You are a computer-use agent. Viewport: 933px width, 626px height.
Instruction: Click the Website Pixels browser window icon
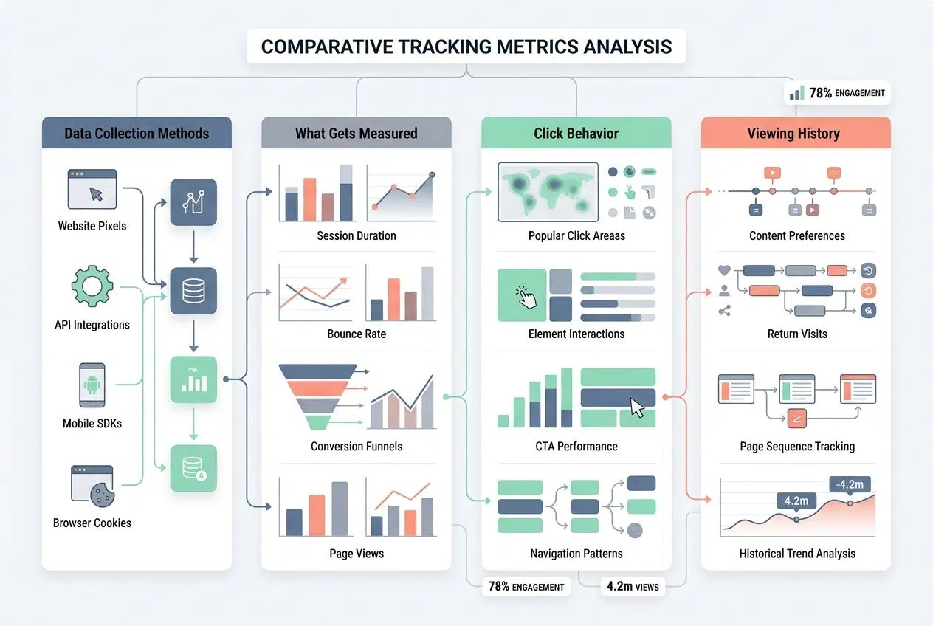click(x=92, y=189)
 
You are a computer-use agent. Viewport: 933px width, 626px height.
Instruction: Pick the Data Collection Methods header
click(x=137, y=134)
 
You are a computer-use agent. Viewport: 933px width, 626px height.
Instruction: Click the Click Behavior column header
click(x=576, y=134)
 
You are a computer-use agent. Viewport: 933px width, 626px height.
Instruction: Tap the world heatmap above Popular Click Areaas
click(x=548, y=191)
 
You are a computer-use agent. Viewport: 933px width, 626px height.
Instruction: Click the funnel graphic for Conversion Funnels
click(x=317, y=396)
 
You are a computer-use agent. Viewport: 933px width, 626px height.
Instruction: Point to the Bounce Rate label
click(x=357, y=334)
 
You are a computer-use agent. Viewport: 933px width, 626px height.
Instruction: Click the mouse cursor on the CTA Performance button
click(x=637, y=407)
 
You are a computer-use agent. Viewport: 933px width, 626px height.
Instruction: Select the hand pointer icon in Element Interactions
click(x=526, y=297)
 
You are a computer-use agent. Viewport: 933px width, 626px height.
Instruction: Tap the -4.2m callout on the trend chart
click(x=851, y=484)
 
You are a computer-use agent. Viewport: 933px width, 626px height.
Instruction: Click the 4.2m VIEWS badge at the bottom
click(x=632, y=587)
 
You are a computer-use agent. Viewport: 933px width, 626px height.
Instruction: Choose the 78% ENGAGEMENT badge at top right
click(x=837, y=93)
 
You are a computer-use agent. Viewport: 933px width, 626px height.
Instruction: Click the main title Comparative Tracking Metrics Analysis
click(x=467, y=47)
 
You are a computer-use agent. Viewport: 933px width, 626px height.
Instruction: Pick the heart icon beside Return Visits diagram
click(x=724, y=271)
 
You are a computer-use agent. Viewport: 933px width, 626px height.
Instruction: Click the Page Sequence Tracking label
click(x=797, y=447)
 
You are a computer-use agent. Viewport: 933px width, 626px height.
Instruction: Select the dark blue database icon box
click(x=193, y=291)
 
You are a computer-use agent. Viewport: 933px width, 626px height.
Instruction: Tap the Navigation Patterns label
click(x=576, y=554)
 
